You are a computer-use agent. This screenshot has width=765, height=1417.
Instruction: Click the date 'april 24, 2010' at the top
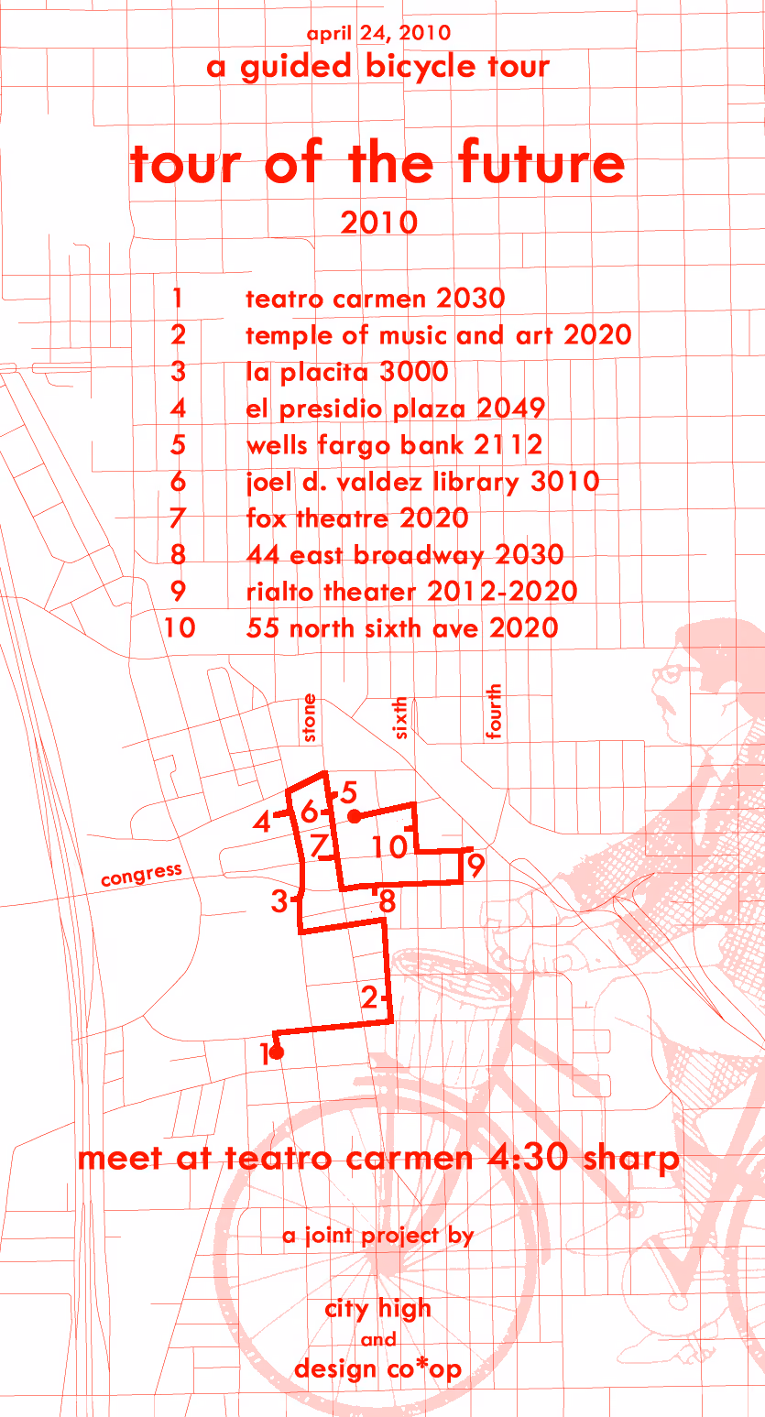point(378,33)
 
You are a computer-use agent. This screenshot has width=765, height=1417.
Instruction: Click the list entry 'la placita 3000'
point(347,372)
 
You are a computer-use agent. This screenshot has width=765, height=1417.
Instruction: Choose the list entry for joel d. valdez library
point(422,482)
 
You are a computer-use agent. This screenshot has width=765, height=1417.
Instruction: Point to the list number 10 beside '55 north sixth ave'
point(180,627)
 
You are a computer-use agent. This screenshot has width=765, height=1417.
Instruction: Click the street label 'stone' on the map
point(309,717)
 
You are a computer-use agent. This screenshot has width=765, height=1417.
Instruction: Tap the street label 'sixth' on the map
point(399,717)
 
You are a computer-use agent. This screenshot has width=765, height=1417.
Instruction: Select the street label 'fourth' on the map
point(494,711)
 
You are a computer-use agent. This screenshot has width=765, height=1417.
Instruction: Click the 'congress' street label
point(142,875)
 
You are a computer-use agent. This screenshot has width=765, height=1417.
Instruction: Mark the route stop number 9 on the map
point(475,864)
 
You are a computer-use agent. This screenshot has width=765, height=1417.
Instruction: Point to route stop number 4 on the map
point(261,822)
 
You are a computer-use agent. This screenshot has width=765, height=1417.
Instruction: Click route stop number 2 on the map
point(369,997)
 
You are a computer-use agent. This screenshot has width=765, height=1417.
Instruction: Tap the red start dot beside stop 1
point(277,1052)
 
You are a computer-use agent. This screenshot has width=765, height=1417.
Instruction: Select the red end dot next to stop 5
point(355,817)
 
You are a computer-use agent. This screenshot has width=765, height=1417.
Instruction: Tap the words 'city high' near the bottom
point(377,1309)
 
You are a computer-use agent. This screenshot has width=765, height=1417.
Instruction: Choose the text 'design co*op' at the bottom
point(377,1369)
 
